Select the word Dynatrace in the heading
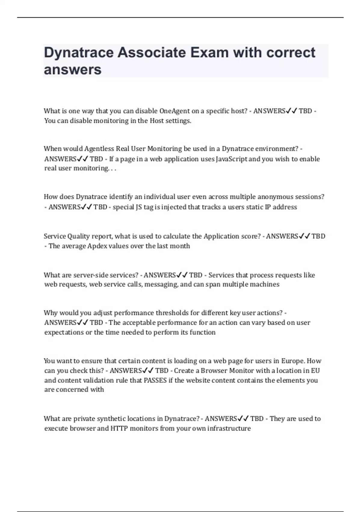pos(79,53)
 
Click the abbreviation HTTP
pos(119,428)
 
